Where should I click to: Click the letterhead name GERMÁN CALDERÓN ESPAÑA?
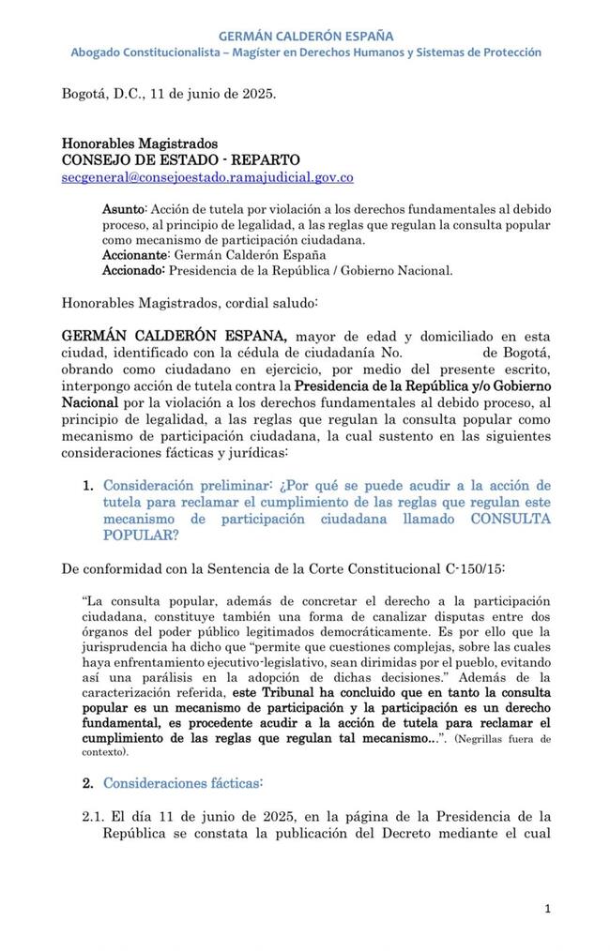point(305,36)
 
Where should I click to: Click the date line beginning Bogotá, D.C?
point(169,94)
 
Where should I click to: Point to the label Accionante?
point(135,255)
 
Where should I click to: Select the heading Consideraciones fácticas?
point(183,782)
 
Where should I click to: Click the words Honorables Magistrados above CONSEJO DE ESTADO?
point(140,144)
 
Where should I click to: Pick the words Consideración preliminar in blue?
point(187,485)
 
